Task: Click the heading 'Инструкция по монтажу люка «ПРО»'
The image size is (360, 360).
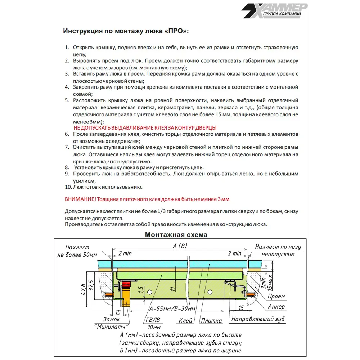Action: point(126,31)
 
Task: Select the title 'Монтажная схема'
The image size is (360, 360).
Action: point(176,235)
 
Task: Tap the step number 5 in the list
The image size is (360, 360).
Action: point(67,100)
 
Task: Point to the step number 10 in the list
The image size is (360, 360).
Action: point(68,187)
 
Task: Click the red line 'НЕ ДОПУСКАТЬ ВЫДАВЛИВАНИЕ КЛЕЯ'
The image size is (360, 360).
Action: point(145,128)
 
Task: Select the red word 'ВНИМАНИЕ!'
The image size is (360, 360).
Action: point(80,199)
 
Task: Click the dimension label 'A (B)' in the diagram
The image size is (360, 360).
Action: point(180,246)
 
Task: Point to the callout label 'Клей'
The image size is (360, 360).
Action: point(185,320)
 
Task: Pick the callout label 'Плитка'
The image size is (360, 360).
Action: point(211,320)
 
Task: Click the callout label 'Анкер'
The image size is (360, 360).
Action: point(276,307)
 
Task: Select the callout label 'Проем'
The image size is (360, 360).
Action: point(276,297)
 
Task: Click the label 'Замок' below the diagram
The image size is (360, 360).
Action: point(112,319)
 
